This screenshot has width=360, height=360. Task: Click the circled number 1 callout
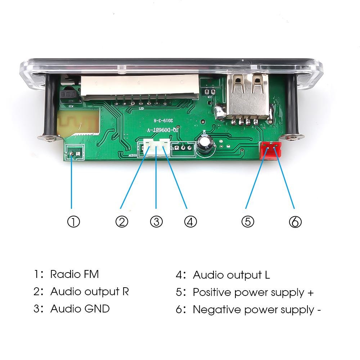pyautogui.click(x=73, y=222)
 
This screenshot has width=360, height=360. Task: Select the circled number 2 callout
pyautogui.click(x=122, y=222)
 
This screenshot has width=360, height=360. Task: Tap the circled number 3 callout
pyautogui.click(x=156, y=222)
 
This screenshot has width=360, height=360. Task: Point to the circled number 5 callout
pyautogui.click(x=248, y=222)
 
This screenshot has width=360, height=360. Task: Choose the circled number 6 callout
pyautogui.click(x=295, y=222)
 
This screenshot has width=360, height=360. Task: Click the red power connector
pyautogui.click(x=270, y=150)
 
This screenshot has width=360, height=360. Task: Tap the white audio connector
pyautogui.click(x=156, y=147)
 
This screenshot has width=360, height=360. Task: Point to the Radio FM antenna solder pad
pyautogui.click(x=72, y=154)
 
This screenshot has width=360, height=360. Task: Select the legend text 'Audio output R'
pyautogui.click(x=89, y=291)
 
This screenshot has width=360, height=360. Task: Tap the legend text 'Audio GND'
pyautogui.click(x=80, y=309)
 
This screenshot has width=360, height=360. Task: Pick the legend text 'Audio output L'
pyautogui.click(x=231, y=275)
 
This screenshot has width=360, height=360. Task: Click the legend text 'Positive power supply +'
pyautogui.click(x=253, y=292)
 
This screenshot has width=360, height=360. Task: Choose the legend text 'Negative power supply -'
pyautogui.click(x=257, y=309)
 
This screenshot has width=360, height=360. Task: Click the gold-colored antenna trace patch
pyautogui.click(x=77, y=122)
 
